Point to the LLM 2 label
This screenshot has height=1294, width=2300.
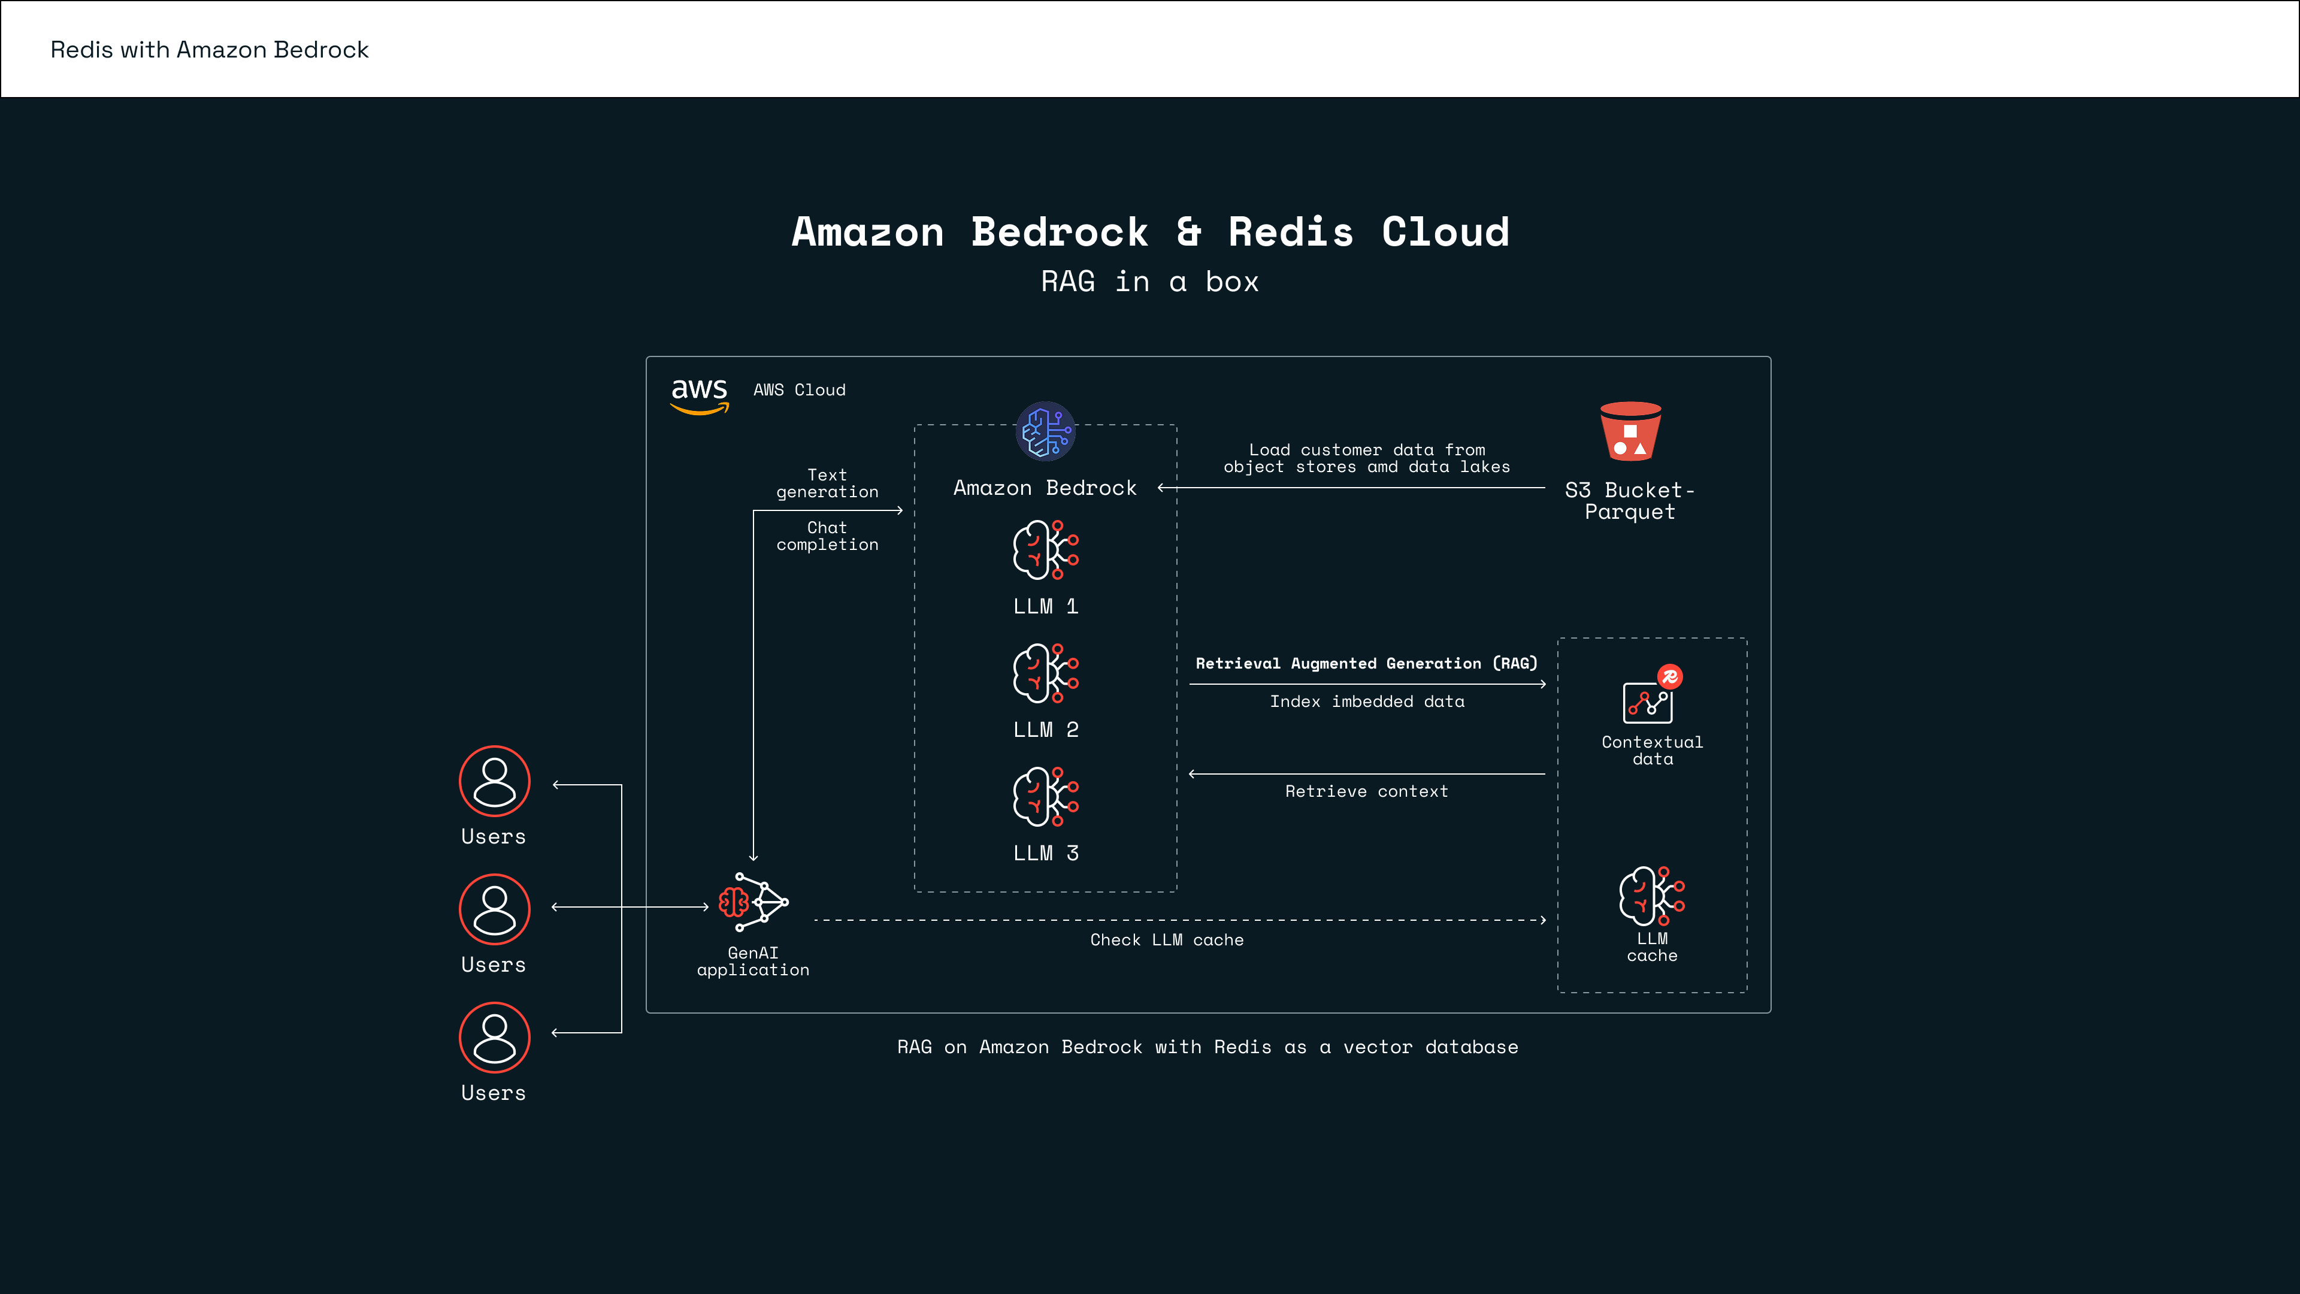pos(1046,730)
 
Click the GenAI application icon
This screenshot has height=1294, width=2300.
pos(753,903)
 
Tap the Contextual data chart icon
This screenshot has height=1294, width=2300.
pos(1648,700)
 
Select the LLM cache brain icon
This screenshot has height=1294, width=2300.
pos(1651,896)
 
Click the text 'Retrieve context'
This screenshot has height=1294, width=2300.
pos(1366,791)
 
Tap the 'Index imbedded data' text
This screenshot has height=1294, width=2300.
pos(1367,702)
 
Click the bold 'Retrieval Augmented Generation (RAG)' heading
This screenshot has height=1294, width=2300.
pos(1366,664)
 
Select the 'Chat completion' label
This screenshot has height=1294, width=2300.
pos(827,536)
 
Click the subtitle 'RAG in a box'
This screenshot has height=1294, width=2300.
pos(1150,282)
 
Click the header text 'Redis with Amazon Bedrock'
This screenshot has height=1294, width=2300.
pos(209,50)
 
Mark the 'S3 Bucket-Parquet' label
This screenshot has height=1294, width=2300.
pos(1629,501)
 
